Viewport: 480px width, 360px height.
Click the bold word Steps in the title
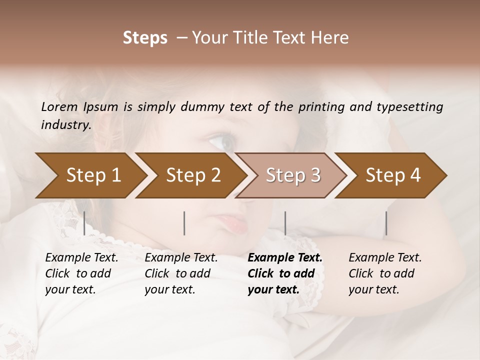[145, 38]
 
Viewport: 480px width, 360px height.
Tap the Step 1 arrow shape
[90, 175]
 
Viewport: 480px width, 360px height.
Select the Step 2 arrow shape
[190, 175]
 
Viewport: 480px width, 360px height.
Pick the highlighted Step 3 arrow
[290, 175]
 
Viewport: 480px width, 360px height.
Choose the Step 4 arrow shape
[390, 175]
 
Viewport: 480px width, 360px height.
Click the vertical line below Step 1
[84, 223]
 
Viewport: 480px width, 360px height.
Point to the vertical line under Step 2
[184, 223]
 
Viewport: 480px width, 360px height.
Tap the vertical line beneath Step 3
[285, 223]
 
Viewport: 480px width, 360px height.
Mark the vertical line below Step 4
[386, 223]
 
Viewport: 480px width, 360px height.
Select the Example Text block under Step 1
[81, 273]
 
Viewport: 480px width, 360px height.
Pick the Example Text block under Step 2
[181, 273]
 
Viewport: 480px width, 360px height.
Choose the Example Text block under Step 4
[385, 273]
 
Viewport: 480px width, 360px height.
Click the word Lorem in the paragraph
[59, 107]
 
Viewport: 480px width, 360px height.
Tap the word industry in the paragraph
[66, 125]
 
